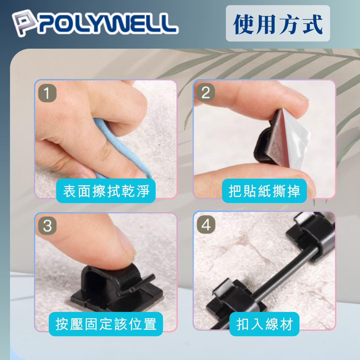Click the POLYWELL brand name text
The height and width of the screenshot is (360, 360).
pos(108,23)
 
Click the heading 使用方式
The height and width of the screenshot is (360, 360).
pos(278,24)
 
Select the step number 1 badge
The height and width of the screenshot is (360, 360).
pos(47,93)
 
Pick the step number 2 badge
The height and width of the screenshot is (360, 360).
pos(206,93)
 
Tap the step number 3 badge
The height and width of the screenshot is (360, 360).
pos(47,226)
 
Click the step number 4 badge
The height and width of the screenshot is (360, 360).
pos(206,225)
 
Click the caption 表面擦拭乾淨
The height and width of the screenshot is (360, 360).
pos(106,191)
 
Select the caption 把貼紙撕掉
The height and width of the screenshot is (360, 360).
pos(264,191)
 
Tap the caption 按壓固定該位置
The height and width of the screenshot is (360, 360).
pos(106,324)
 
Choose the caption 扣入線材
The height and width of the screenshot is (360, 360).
pos(264,324)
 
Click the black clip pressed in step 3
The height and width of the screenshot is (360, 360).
pos(115,289)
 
